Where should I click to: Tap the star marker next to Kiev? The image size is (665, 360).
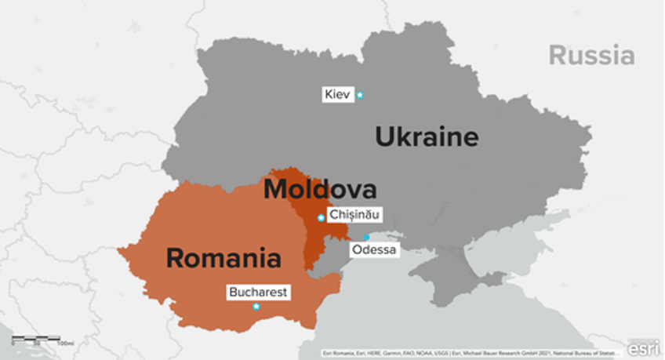point(360,95)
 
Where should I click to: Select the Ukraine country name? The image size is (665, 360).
point(427,137)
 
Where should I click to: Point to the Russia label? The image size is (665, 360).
point(591,55)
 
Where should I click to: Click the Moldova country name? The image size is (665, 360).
point(320,189)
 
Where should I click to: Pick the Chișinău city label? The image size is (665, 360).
point(355,214)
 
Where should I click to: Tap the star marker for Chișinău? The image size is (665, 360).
point(321,217)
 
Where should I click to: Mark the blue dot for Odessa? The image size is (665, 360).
point(366,237)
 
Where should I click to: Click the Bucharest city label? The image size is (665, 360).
point(258,293)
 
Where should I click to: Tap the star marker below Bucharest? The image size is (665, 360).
point(256,307)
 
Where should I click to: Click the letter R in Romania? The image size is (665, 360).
point(176,257)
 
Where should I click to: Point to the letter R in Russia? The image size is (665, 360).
point(558,55)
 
